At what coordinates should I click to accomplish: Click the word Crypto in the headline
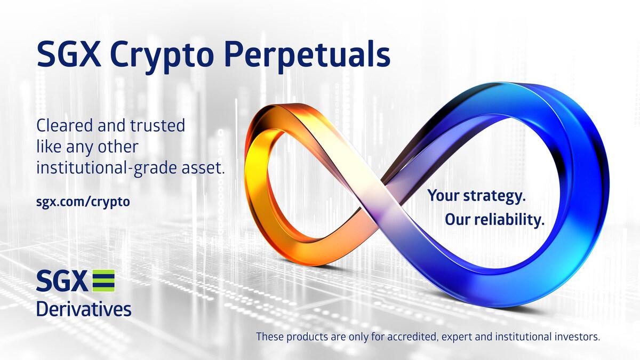[x=155, y=54]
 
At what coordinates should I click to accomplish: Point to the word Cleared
[x=63, y=127]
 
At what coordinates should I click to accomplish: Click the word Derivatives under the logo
[x=84, y=308]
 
